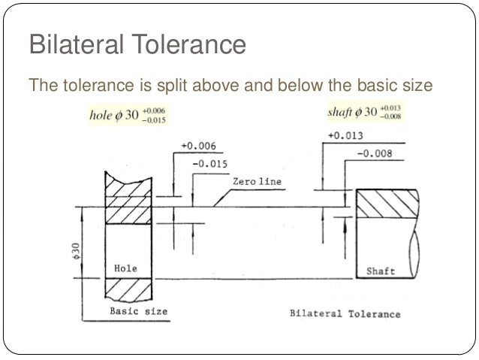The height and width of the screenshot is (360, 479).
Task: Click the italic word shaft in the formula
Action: (342, 113)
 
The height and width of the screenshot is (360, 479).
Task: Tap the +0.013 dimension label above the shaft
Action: (345, 137)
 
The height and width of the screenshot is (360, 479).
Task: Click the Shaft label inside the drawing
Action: (380, 270)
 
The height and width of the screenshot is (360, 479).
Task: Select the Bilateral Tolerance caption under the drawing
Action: (345, 313)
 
